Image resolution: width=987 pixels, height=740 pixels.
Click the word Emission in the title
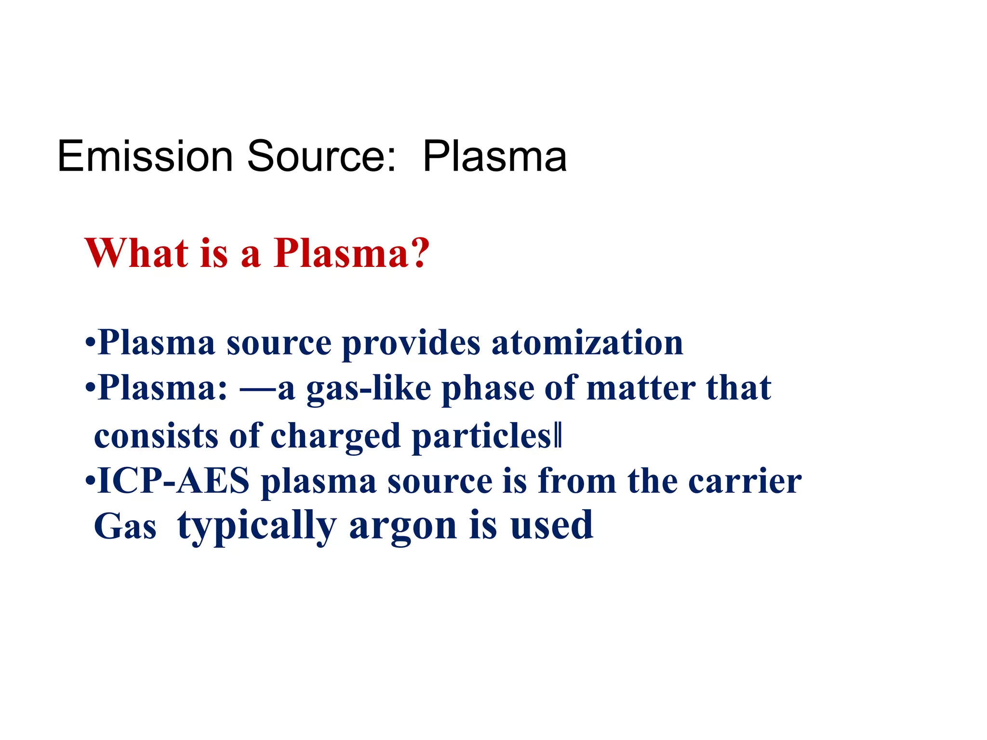(x=145, y=156)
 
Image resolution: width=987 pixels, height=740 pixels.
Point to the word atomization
(x=587, y=343)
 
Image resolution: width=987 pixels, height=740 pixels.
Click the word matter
(x=641, y=388)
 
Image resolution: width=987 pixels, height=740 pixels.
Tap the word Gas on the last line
(x=125, y=526)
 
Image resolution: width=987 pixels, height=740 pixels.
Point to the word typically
(x=257, y=526)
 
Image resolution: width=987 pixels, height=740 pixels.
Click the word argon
(x=403, y=526)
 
